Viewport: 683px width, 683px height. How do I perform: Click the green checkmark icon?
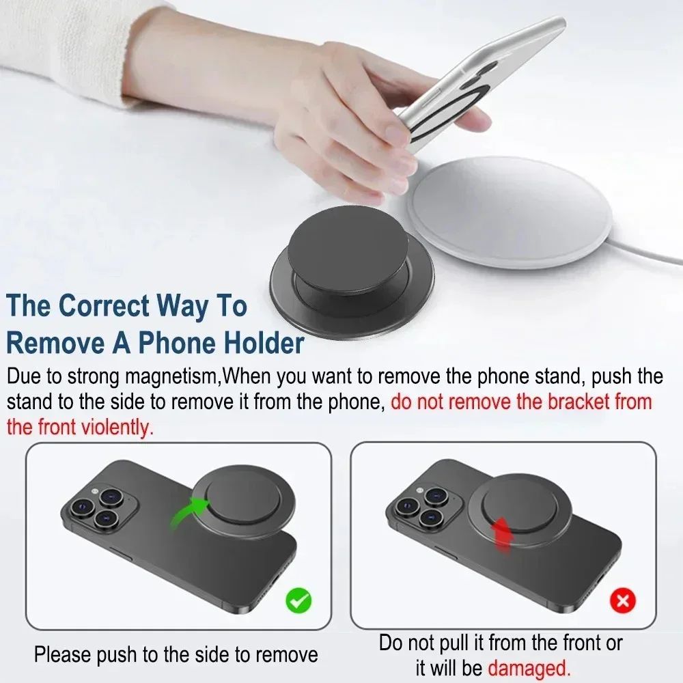click(x=298, y=600)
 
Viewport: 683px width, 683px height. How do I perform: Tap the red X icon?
click(x=622, y=600)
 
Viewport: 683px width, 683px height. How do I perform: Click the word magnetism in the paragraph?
click(x=177, y=376)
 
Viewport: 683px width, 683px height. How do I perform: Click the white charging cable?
click(x=656, y=257)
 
